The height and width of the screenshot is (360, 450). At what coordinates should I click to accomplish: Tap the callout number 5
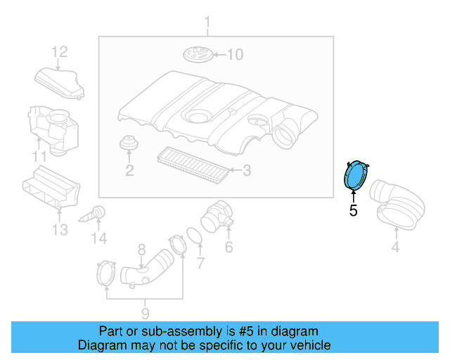(353, 210)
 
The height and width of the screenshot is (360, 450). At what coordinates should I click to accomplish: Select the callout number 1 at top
(207, 27)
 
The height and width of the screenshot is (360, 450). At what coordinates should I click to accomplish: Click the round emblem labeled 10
(197, 53)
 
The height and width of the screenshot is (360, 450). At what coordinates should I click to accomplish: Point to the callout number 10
(233, 54)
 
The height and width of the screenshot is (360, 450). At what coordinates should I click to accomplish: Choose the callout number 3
(246, 169)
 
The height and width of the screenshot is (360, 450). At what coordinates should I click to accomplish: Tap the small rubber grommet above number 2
(128, 143)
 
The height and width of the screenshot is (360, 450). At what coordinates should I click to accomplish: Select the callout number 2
(129, 170)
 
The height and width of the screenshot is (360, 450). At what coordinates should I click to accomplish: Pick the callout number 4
(394, 246)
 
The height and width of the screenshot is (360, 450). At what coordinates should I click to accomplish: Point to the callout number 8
(141, 248)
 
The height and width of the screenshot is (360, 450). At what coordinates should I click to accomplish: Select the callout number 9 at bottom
(144, 313)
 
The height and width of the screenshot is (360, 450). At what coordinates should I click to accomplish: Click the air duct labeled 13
(51, 189)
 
